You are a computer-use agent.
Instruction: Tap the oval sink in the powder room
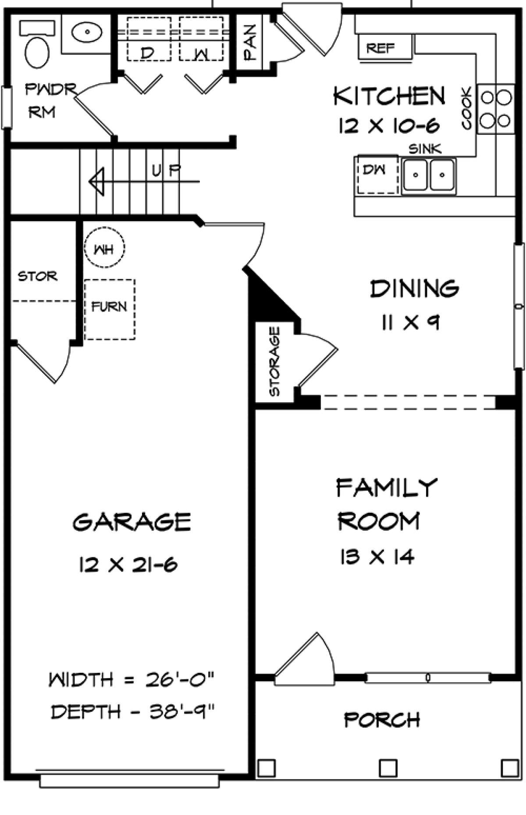click(87, 32)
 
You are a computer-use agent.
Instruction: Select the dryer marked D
click(149, 39)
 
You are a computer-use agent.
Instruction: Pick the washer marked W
click(201, 39)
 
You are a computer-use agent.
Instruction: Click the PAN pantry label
click(249, 42)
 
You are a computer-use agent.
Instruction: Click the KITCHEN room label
click(389, 96)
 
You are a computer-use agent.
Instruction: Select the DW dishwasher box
click(377, 174)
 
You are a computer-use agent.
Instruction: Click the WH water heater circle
click(104, 247)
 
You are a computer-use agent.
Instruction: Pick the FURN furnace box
click(110, 310)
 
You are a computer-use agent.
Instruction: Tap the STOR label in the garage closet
click(38, 276)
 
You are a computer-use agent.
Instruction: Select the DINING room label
click(415, 289)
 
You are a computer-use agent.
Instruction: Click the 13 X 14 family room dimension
click(377, 557)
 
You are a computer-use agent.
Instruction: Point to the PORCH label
click(382, 720)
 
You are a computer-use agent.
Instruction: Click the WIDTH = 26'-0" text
click(131, 680)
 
